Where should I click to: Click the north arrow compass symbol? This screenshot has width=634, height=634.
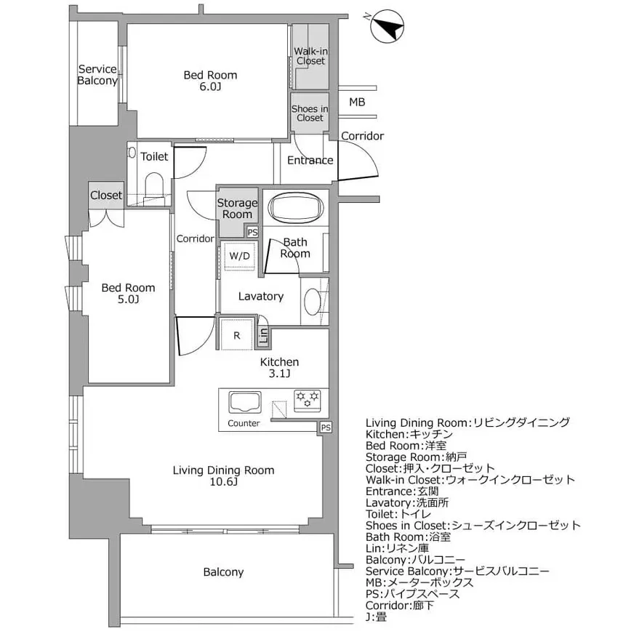pos(388,28)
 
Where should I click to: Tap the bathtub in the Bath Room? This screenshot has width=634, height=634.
pos(294,209)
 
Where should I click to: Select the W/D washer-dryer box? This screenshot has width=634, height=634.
pos(239,256)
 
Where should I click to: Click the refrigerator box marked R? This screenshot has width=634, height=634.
pos(237,335)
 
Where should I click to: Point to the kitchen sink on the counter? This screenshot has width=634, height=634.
pos(244,403)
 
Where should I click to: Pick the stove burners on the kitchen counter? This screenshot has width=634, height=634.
pos(307,398)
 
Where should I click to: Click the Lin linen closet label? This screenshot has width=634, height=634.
pos(263,335)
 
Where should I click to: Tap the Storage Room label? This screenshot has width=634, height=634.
pos(237,209)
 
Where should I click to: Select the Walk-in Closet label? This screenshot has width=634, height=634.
pos(310,56)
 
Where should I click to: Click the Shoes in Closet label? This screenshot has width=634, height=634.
pos(310,113)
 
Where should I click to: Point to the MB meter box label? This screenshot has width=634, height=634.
pos(357,102)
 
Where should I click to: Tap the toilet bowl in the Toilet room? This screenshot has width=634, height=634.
pos(154,183)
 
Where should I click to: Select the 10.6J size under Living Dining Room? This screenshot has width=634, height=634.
pos(223,482)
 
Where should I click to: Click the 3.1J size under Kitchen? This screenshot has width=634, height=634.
pos(280,374)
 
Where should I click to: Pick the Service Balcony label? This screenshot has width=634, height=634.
pos(97,75)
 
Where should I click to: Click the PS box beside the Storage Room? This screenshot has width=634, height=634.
pos(252,232)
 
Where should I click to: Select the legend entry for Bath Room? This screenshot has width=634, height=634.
pos(408,537)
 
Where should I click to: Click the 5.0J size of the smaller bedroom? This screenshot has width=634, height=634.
pos(128,299)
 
